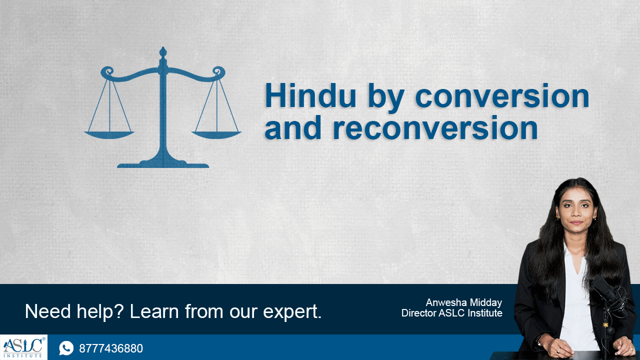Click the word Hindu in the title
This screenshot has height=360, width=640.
(310, 95)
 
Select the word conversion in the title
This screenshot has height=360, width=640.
(502, 96)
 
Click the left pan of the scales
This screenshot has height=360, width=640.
(109, 135)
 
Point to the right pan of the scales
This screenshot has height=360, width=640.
(216, 135)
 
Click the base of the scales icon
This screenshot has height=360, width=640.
(163, 164)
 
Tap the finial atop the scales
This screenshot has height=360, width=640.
(163, 52)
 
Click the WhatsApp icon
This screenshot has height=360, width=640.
(66, 348)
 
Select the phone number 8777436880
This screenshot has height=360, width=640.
(111, 348)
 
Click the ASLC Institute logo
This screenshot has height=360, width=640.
(23, 347)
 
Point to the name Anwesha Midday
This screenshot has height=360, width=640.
(463, 302)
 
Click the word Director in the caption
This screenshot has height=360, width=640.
(419, 313)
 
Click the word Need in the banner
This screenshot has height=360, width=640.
(47, 311)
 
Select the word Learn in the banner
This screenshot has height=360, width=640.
(154, 311)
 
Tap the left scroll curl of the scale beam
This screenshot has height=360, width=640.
(107, 71)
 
